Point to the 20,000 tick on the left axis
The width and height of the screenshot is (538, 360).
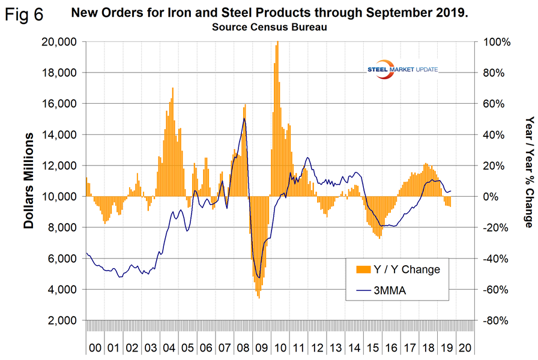coord(59,42)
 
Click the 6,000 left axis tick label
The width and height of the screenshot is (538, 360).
coord(61,259)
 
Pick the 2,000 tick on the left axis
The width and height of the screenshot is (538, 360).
coord(61,320)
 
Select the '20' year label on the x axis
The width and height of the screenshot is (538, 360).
coord(464,346)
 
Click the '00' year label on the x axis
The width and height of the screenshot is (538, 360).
coord(95,346)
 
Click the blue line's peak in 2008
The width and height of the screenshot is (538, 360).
coord(244,119)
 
